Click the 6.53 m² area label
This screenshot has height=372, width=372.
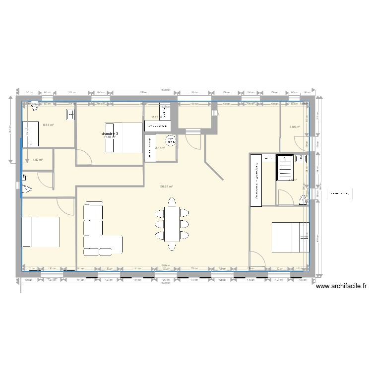[48, 125]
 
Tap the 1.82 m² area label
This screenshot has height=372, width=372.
[38, 160]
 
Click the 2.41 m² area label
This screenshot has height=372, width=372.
[160, 147]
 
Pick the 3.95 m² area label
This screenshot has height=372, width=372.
[294, 127]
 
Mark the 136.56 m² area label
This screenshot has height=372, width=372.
[166, 186]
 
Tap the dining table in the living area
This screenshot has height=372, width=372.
[172, 224]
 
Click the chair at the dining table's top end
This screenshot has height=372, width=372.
[172, 201]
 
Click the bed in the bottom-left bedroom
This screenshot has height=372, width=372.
[41, 232]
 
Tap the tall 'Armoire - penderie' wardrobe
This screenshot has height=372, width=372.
[256, 179]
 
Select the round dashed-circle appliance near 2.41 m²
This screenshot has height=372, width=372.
[170, 140]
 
